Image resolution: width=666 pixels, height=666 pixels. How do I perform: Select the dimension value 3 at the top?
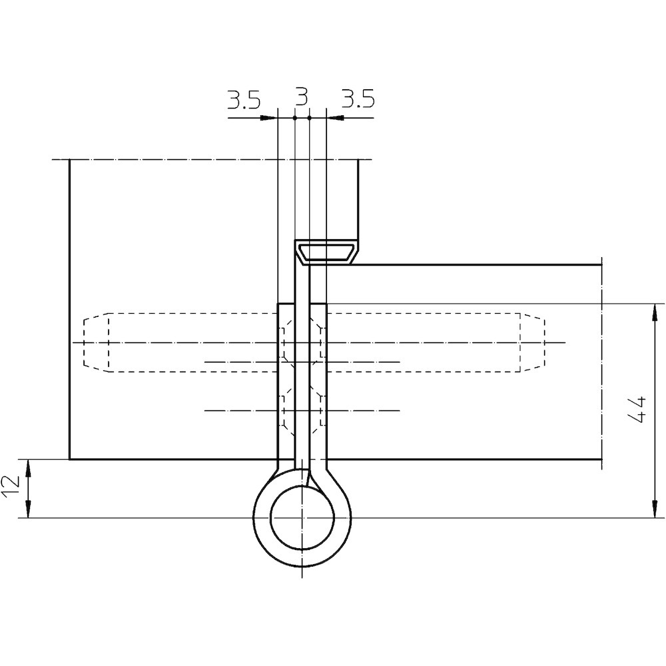point(301,97)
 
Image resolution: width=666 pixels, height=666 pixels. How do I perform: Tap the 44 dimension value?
point(637,410)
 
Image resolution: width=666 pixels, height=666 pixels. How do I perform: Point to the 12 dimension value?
point(11,488)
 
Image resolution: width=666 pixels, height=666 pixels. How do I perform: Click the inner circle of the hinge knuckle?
point(302,518)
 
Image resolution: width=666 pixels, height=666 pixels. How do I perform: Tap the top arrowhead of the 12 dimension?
point(28,468)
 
